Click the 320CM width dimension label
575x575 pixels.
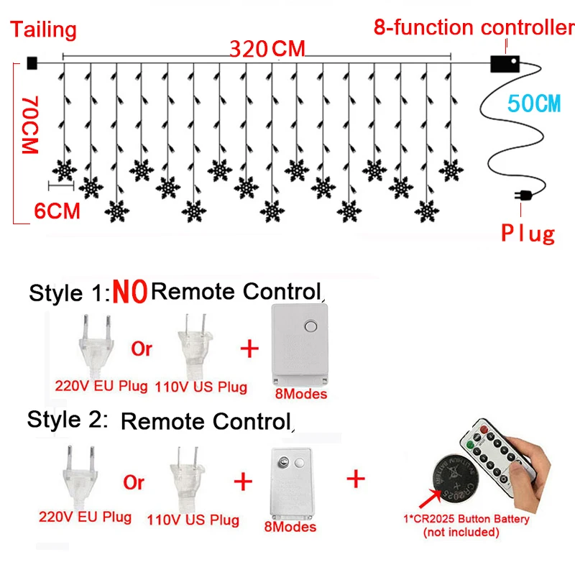[x=267, y=49]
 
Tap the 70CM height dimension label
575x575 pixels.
[x=29, y=125]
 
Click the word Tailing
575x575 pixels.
[x=43, y=29]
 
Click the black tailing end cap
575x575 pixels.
[x=31, y=63]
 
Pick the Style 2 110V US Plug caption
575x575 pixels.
[x=193, y=519]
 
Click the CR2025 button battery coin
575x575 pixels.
[x=455, y=472]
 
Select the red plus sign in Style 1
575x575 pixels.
[x=248, y=349]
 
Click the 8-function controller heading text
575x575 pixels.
[x=474, y=28]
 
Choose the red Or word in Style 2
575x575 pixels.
[x=134, y=482]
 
